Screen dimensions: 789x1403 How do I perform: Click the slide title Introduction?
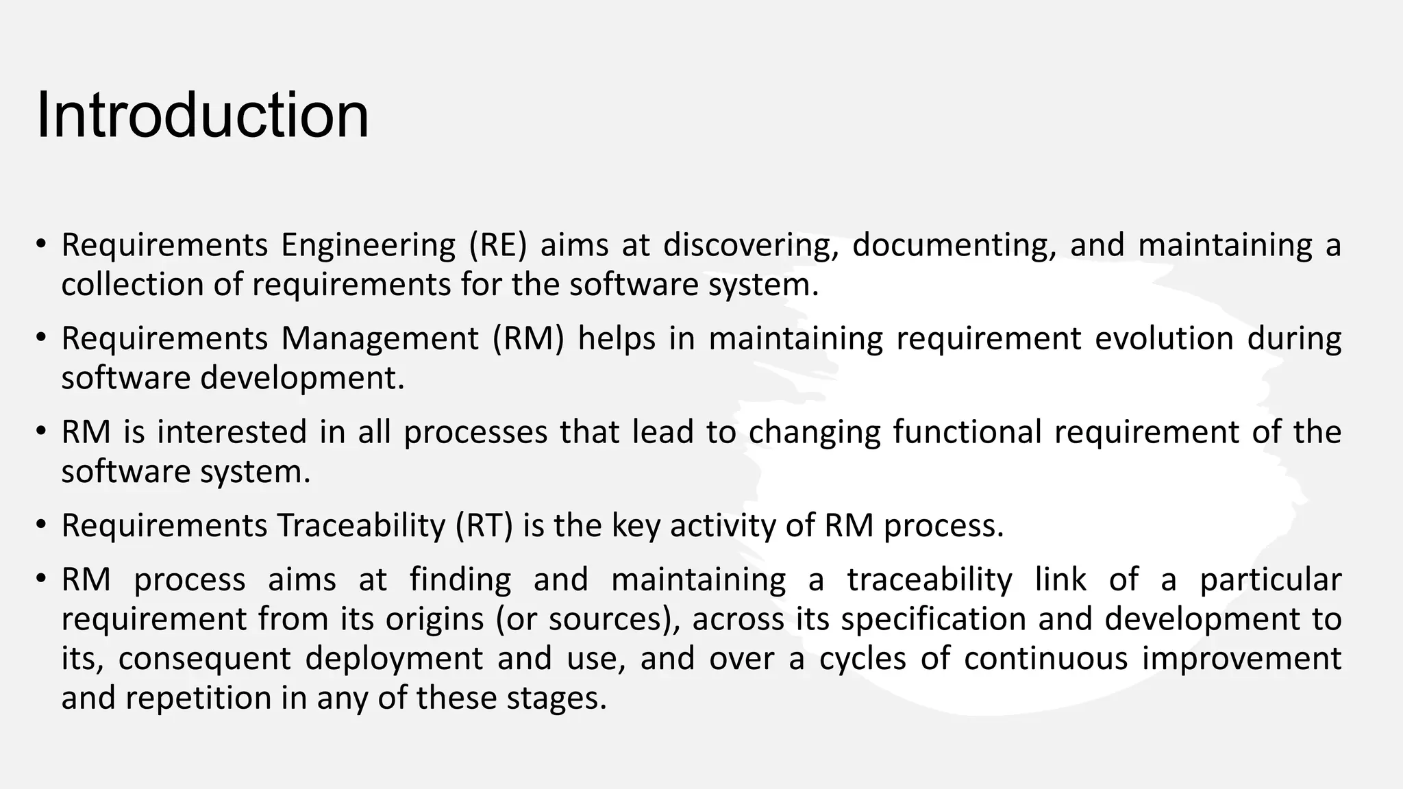(x=202, y=115)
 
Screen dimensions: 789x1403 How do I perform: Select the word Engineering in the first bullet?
(x=368, y=245)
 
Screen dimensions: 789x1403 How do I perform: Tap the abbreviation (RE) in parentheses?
(x=498, y=245)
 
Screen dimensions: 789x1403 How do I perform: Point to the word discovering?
(x=751, y=245)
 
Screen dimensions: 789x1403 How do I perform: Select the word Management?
(x=380, y=338)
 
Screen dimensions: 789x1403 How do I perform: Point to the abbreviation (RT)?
(x=484, y=526)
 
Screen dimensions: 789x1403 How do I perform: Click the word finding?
(x=460, y=580)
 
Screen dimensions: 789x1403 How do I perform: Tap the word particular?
(x=1270, y=580)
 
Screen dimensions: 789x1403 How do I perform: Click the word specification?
(x=933, y=619)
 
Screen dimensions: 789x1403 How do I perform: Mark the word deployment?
(x=394, y=659)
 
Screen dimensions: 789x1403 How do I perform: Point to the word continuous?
(x=1045, y=659)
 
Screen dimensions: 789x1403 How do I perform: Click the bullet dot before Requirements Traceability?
(x=42, y=525)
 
